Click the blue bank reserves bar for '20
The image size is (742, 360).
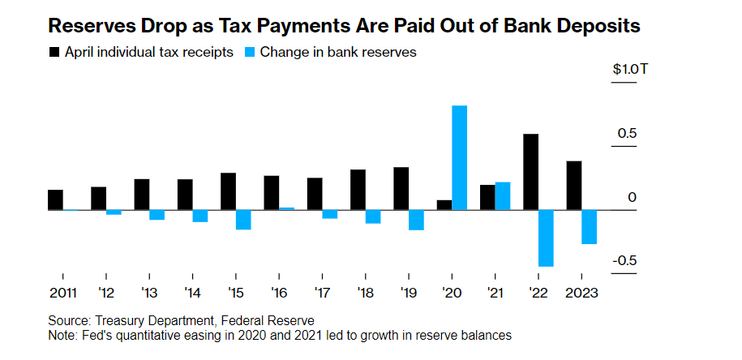pos(460,157)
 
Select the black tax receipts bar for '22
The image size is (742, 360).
pos(531,172)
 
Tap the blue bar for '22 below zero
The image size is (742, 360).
pos(546,238)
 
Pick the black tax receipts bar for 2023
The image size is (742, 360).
pos(574,186)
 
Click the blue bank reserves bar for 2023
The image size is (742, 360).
pos(590,227)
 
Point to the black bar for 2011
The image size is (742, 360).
pos(55,200)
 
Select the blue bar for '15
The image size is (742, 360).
pos(243,220)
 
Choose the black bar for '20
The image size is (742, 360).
pos(444,205)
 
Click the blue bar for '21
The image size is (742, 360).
pos(503,196)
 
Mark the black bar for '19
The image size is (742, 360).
pos(401,188)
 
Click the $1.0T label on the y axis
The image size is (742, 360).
pos(630,69)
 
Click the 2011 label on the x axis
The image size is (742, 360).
pos(62,293)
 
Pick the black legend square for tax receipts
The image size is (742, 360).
pos(55,52)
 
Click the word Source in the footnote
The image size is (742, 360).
pos(69,320)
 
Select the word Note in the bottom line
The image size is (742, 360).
pos(63,334)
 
